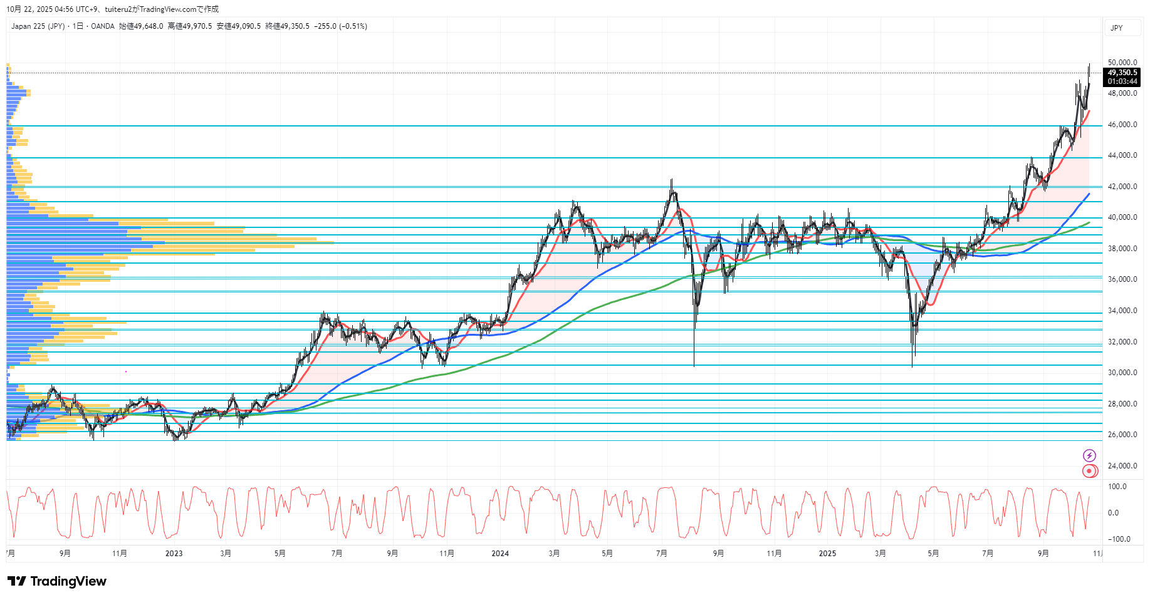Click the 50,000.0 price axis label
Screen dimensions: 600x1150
(1122, 63)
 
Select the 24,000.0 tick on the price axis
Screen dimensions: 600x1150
(1122, 466)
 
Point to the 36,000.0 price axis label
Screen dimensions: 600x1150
(1122, 280)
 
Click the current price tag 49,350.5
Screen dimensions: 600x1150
(1122, 73)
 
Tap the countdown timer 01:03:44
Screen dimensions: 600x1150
(1122, 81)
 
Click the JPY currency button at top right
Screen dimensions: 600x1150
(1117, 28)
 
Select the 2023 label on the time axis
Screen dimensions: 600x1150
(174, 554)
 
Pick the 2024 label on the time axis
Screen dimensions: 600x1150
(500, 554)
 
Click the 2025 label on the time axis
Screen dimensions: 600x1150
(827, 554)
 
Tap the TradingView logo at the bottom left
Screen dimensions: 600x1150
(57, 581)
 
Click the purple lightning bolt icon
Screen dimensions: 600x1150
(1089, 455)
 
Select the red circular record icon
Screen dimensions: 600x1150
(1089, 471)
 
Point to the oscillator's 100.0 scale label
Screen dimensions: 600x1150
(1117, 487)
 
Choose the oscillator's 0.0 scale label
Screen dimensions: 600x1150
(1113, 513)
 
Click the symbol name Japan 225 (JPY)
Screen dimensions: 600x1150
(38, 26)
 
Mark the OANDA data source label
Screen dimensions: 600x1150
(103, 26)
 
